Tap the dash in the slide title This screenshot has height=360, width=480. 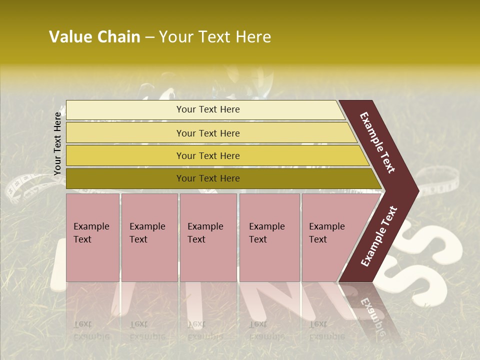149,37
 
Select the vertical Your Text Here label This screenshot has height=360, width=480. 57,143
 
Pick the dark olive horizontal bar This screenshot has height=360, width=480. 220,178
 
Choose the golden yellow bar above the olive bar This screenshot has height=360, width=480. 215,156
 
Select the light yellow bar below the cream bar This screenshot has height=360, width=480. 210,133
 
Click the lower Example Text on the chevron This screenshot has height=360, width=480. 379,236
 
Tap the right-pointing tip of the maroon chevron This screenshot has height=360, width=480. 416,190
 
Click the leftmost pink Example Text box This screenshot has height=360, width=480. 92,237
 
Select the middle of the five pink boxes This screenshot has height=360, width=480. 208,237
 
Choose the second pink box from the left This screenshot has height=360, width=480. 149,237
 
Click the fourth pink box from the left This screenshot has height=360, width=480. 269,237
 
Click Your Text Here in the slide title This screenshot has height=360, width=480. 215,37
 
